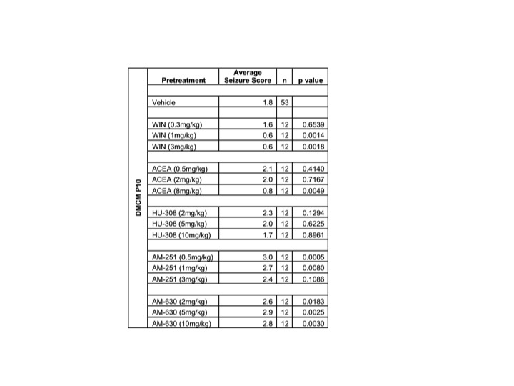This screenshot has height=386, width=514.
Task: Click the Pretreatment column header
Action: (x=183, y=80)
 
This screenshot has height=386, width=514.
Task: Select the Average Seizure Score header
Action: (x=248, y=76)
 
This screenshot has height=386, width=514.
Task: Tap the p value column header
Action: (x=310, y=80)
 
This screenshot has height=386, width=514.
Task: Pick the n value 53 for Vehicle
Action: (x=284, y=102)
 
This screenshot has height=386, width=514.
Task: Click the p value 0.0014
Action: (x=313, y=135)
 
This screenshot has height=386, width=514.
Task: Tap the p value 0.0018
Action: (x=313, y=147)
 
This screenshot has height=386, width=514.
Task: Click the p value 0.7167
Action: (x=313, y=179)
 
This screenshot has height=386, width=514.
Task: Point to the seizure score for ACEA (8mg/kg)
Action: (x=269, y=191)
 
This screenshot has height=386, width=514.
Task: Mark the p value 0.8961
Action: (x=313, y=235)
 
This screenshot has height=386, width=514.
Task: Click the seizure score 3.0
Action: (x=269, y=257)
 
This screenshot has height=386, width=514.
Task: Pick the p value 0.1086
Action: (x=313, y=279)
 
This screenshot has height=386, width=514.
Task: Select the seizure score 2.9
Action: (x=269, y=312)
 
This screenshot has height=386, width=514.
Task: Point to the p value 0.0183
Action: (x=313, y=302)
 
